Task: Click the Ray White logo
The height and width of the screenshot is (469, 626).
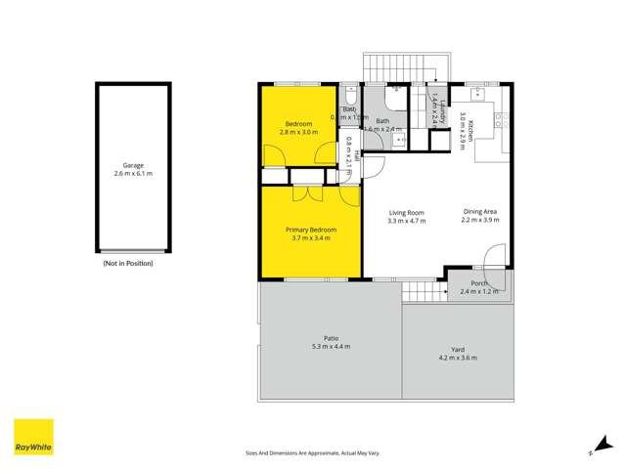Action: pyautogui.click(x=33, y=438)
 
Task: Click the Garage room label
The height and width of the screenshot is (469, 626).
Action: pyautogui.click(x=133, y=165)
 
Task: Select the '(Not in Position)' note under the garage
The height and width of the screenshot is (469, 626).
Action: pyautogui.click(x=128, y=264)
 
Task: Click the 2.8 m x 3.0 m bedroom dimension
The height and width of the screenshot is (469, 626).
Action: pyautogui.click(x=298, y=132)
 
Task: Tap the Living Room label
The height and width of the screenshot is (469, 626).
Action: pyautogui.click(x=406, y=213)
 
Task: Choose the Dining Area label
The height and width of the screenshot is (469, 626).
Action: pyautogui.click(x=480, y=212)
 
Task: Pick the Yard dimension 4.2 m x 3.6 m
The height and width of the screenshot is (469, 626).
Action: pyautogui.click(x=457, y=358)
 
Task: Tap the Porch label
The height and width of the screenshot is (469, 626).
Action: pyautogui.click(x=479, y=283)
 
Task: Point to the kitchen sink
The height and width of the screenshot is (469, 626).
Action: pyautogui.click(x=478, y=93)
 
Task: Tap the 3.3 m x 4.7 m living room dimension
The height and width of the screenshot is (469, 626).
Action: pyautogui.click(x=406, y=222)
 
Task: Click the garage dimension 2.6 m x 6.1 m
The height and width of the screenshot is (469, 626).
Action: pyautogui.click(x=133, y=174)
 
